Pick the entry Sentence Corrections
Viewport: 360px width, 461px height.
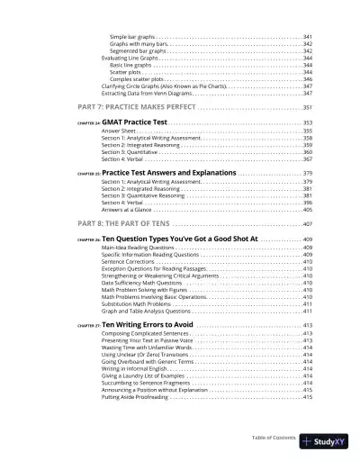click(x=128, y=261)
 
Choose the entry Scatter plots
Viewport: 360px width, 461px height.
click(x=124, y=72)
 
